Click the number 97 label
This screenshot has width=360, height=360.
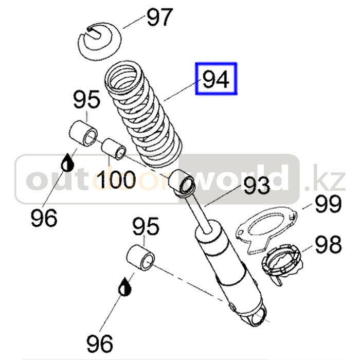(159, 18)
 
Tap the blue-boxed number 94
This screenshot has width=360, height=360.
(215, 79)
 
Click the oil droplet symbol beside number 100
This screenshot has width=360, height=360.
(67, 163)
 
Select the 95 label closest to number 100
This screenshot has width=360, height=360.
(86, 100)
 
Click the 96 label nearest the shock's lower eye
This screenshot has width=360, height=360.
(99, 343)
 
